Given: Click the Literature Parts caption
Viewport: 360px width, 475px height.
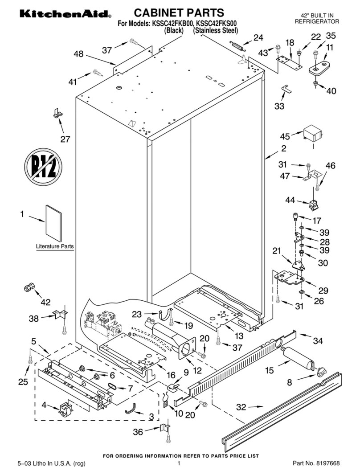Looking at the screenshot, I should (x=55, y=246).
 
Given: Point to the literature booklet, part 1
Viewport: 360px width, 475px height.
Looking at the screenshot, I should (x=53, y=222).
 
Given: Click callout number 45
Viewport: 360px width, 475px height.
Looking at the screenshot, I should (x=285, y=136).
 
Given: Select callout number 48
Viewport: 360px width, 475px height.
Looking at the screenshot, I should (x=78, y=54).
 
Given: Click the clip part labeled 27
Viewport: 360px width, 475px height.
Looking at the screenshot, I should (x=57, y=114).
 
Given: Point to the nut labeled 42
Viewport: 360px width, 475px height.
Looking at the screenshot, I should (x=29, y=287).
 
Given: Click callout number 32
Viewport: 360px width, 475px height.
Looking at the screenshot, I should (x=241, y=407).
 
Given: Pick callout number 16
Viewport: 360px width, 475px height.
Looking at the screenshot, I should (x=171, y=375).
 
